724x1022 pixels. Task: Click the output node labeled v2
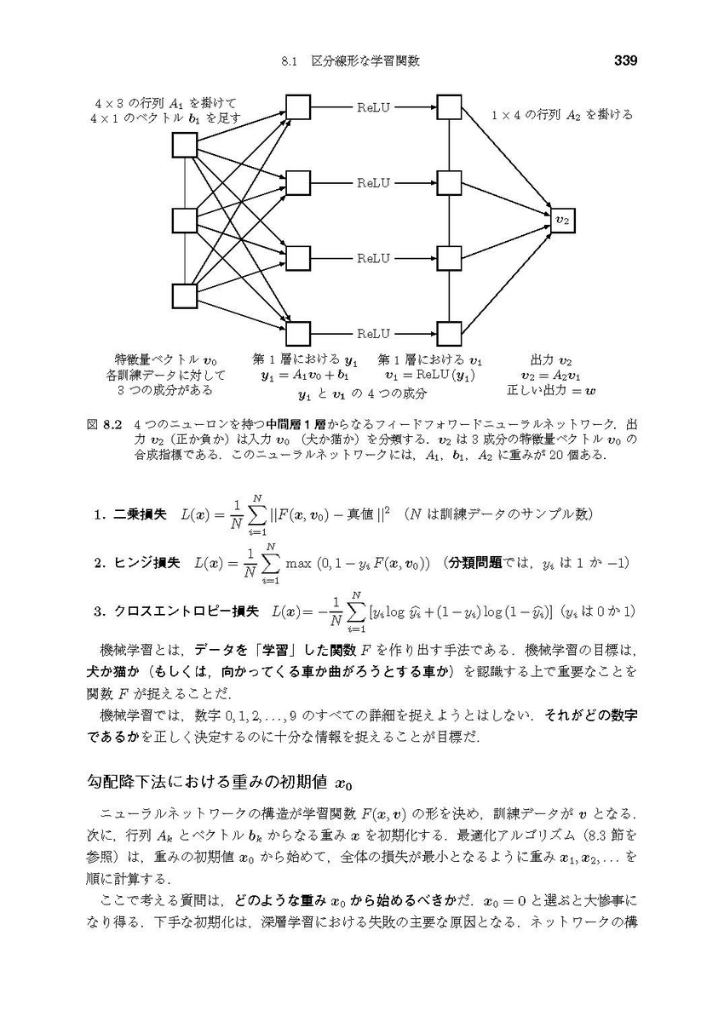coord(562,220)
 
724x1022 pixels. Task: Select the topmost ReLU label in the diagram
coord(373,107)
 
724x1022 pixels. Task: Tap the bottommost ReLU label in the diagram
coord(373,333)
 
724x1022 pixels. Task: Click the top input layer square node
coord(185,146)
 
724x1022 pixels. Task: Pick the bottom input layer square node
coord(185,296)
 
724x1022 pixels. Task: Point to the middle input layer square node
coord(185,221)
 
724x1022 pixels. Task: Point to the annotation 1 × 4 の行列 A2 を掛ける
coord(563,114)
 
